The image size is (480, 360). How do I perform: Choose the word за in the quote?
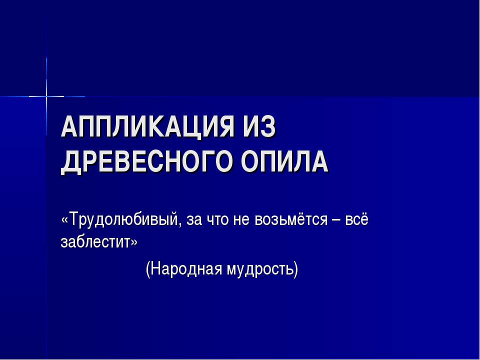[x=192, y=220]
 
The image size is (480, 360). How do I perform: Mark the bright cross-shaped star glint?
[x=46, y=95]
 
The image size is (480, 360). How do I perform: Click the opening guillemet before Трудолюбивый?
[x=64, y=220]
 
